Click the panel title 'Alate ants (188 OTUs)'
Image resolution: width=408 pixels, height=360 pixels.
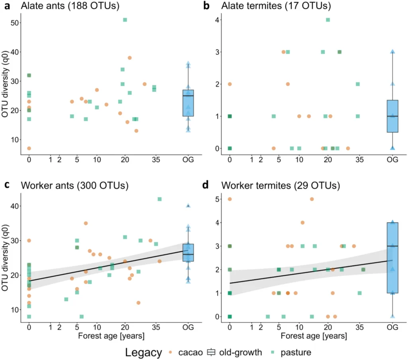65,6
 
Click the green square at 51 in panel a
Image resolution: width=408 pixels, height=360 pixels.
125,20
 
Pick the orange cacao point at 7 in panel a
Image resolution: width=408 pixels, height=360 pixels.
29,148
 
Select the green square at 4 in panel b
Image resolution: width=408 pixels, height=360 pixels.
328,20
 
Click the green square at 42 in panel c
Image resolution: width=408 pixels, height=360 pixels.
159,199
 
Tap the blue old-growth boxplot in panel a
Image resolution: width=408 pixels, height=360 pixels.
188,103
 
